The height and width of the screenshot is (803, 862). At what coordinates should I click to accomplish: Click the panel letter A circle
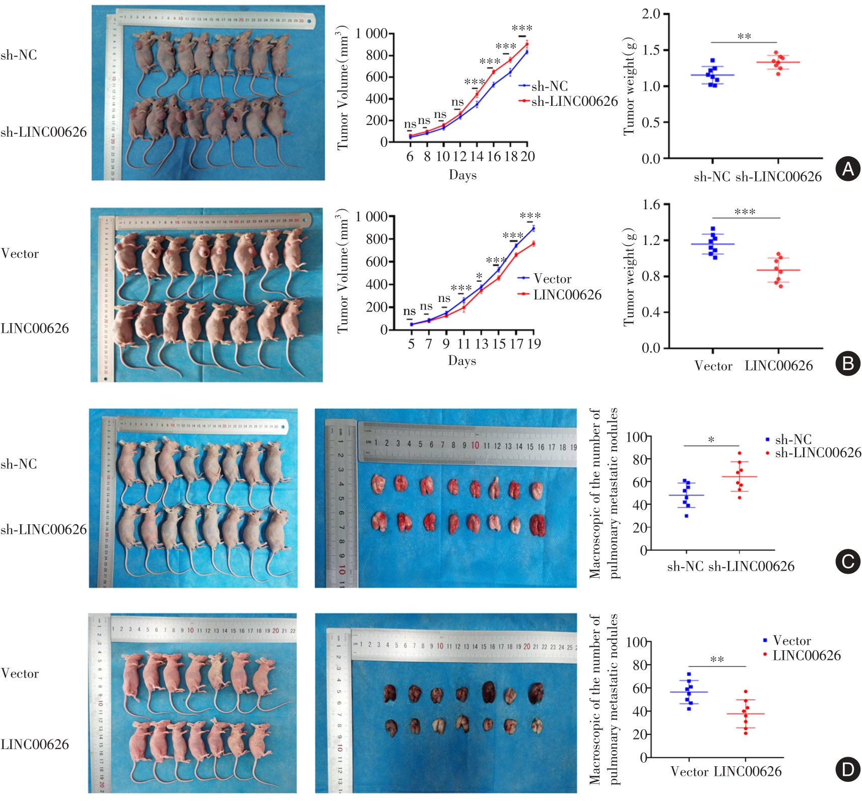[848, 169]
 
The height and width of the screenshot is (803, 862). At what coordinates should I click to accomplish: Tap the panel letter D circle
[848, 770]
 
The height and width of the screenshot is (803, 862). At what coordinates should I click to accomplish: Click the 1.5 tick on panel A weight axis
[651, 50]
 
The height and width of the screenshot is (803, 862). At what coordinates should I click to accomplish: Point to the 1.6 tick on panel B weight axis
[651, 205]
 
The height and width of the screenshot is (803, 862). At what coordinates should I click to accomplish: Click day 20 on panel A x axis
[527, 157]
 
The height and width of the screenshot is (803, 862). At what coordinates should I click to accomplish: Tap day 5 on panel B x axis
[411, 344]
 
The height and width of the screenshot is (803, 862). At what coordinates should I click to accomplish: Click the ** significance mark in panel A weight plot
[744, 37]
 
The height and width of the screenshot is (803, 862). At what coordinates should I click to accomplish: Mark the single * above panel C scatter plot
[711, 440]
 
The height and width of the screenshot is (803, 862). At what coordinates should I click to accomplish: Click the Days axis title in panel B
[462, 361]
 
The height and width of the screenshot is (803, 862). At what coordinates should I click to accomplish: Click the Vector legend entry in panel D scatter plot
[791, 641]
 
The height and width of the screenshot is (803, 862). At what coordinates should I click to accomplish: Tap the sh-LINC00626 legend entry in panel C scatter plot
[818, 453]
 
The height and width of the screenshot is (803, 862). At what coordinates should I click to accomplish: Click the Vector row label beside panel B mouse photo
[20, 254]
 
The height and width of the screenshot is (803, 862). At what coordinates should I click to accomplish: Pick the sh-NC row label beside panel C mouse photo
[19, 464]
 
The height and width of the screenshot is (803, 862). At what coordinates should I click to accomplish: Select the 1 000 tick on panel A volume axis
[371, 34]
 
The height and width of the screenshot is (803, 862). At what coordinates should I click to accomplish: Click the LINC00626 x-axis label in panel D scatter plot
[748, 771]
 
